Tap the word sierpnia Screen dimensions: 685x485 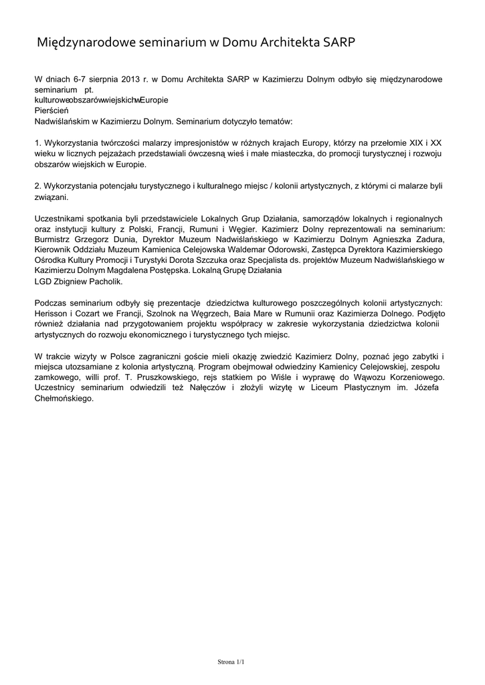98,80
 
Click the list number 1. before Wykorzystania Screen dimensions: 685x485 37,143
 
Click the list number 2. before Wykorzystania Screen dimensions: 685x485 37,187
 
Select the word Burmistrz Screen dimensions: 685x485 56,240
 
